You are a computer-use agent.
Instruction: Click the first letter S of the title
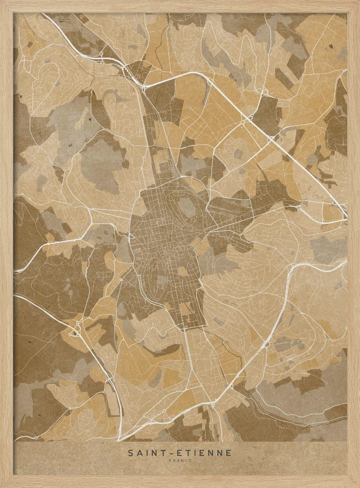click(x=130, y=453)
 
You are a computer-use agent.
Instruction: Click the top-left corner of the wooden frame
click(x=2, y=2)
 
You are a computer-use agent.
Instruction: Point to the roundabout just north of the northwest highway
click(x=101, y=53)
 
